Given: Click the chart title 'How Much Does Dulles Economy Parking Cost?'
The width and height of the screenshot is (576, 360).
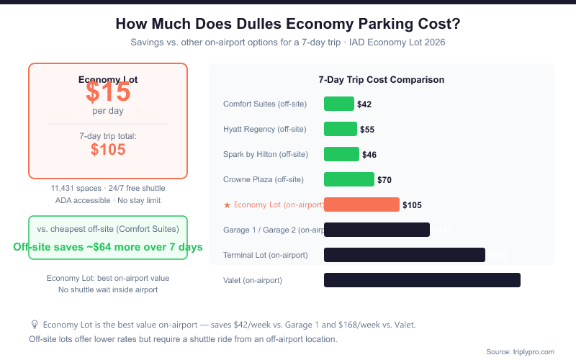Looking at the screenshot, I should click(x=287, y=24).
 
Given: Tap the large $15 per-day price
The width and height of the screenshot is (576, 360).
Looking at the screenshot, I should click(x=108, y=92).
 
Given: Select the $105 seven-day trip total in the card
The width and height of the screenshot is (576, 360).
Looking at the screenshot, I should click(x=108, y=149).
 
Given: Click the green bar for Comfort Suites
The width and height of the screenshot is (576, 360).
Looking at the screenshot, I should click(x=339, y=104).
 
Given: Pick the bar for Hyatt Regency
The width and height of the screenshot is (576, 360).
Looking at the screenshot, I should click(x=341, y=129).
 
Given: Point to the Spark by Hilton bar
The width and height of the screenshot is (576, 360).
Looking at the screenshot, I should click(x=341, y=154).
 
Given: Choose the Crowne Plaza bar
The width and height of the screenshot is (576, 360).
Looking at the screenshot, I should click(x=349, y=179).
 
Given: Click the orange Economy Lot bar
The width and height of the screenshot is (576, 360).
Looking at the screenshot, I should click(x=361, y=204).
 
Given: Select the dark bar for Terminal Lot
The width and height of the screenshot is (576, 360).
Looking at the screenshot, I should click(x=405, y=255).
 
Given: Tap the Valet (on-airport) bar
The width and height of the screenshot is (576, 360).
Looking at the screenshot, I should click(x=422, y=280).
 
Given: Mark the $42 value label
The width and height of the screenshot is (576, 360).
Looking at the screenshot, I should click(x=364, y=104).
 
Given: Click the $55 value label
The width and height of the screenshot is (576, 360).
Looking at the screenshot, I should click(x=367, y=130).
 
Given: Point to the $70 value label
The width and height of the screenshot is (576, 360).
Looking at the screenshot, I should click(x=384, y=180).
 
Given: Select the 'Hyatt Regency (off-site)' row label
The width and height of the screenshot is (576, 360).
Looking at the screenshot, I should click(x=264, y=130).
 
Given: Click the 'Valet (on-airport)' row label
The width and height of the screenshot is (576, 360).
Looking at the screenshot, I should click(x=252, y=280).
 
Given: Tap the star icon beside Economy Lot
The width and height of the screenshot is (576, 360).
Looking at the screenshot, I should click(x=227, y=205).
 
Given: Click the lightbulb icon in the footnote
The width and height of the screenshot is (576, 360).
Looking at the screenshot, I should click(x=34, y=325).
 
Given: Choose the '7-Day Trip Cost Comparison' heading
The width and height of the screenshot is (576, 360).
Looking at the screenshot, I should click(x=381, y=80).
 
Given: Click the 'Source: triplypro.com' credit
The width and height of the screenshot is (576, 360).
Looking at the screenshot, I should click(x=520, y=351).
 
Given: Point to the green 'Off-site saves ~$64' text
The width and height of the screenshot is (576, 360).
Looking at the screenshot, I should click(x=108, y=246).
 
